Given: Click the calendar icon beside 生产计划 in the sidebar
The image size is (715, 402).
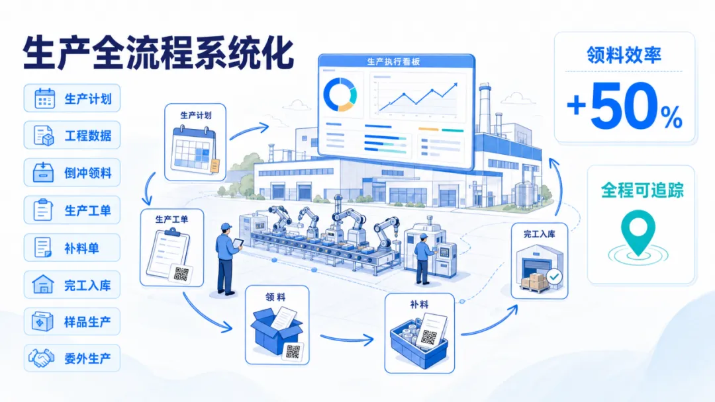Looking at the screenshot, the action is tap(45, 99).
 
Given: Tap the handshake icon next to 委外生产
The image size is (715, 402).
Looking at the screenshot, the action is tap(42, 358).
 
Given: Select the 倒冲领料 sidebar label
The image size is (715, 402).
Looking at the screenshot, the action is tap(87, 173).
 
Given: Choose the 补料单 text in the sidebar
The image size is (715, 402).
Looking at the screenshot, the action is tap(81, 248).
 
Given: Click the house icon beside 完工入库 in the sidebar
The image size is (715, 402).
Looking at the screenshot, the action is tap(43, 284).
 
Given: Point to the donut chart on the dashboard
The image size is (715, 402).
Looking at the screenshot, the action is tap(340, 95).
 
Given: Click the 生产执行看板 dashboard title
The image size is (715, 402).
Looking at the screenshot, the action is tap(393, 61).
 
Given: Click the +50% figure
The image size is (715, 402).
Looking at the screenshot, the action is tap(624, 106).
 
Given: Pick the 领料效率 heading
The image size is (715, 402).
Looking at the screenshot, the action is tap(624, 55).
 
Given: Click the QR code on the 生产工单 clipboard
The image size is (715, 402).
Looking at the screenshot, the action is tap(181, 274).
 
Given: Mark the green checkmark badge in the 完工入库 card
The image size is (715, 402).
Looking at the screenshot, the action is tap(555, 276).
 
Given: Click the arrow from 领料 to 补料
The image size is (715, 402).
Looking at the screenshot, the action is tap(346, 339).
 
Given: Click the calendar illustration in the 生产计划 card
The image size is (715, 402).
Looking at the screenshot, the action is tap(195, 150).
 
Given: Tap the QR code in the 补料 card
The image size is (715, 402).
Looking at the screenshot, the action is tap(429, 337).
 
